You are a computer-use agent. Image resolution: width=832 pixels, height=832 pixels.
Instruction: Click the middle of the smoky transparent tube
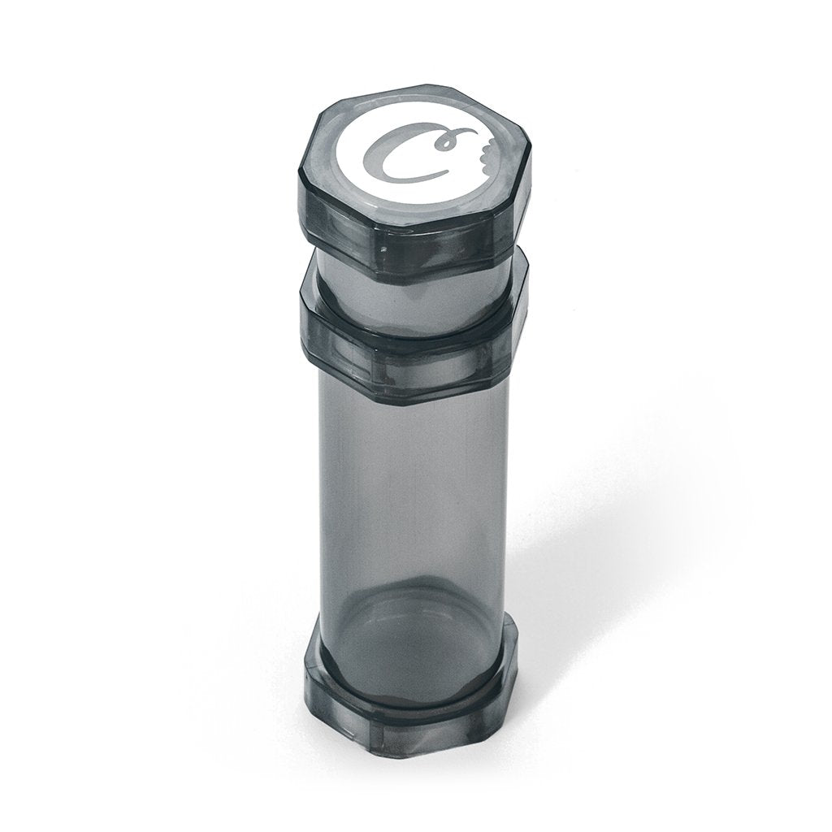coord(414,504)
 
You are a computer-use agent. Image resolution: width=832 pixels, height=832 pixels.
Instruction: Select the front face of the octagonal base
coord(422,723)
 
